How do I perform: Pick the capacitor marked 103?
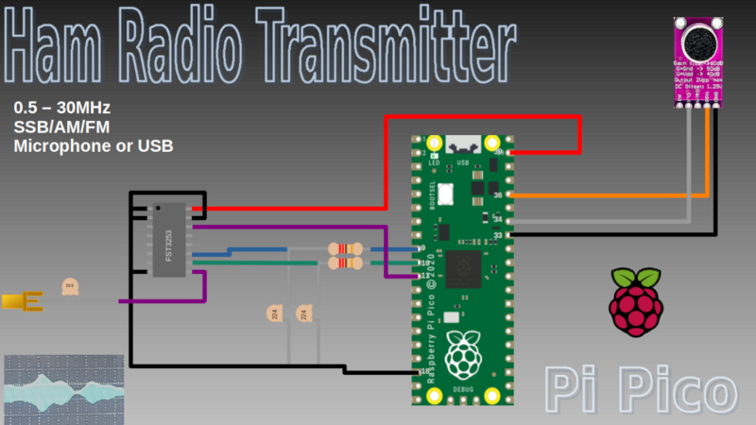(x=69, y=287)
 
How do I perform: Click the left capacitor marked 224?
(x=275, y=314)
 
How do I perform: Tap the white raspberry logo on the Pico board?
(x=462, y=356)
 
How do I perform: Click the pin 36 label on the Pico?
(x=497, y=195)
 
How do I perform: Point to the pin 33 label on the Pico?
(x=497, y=235)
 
